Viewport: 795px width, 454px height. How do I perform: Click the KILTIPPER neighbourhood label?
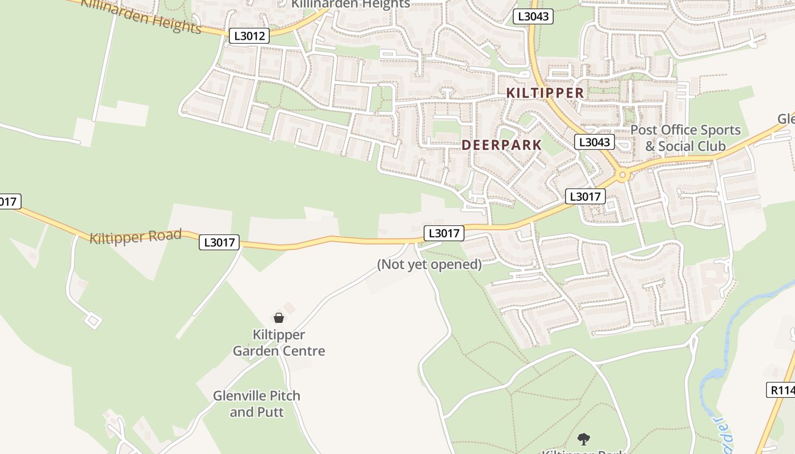click(x=545, y=93)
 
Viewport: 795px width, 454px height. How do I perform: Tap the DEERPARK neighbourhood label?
click(x=501, y=145)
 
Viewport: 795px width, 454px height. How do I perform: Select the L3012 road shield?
click(x=249, y=36)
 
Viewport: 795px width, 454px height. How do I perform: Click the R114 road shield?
click(x=781, y=390)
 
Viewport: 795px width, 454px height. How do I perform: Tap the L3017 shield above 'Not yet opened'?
click(x=443, y=233)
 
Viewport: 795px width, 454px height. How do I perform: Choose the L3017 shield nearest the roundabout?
click(x=585, y=196)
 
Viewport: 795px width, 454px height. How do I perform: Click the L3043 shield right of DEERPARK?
click(x=594, y=142)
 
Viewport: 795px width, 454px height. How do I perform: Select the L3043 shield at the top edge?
click(x=533, y=16)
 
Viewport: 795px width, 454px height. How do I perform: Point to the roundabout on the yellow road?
click(x=623, y=175)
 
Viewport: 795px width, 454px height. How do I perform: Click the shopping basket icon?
click(x=279, y=318)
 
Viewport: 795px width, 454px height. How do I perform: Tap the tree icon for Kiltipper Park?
click(x=583, y=439)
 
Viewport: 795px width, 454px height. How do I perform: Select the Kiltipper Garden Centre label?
click(x=279, y=343)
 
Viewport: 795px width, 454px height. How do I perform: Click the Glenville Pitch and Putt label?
click(x=257, y=403)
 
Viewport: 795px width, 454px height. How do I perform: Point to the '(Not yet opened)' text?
click(x=429, y=264)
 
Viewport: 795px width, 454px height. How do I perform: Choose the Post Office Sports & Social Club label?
click(x=685, y=138)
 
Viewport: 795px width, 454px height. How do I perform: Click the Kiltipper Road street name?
click(x=135, y=236)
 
